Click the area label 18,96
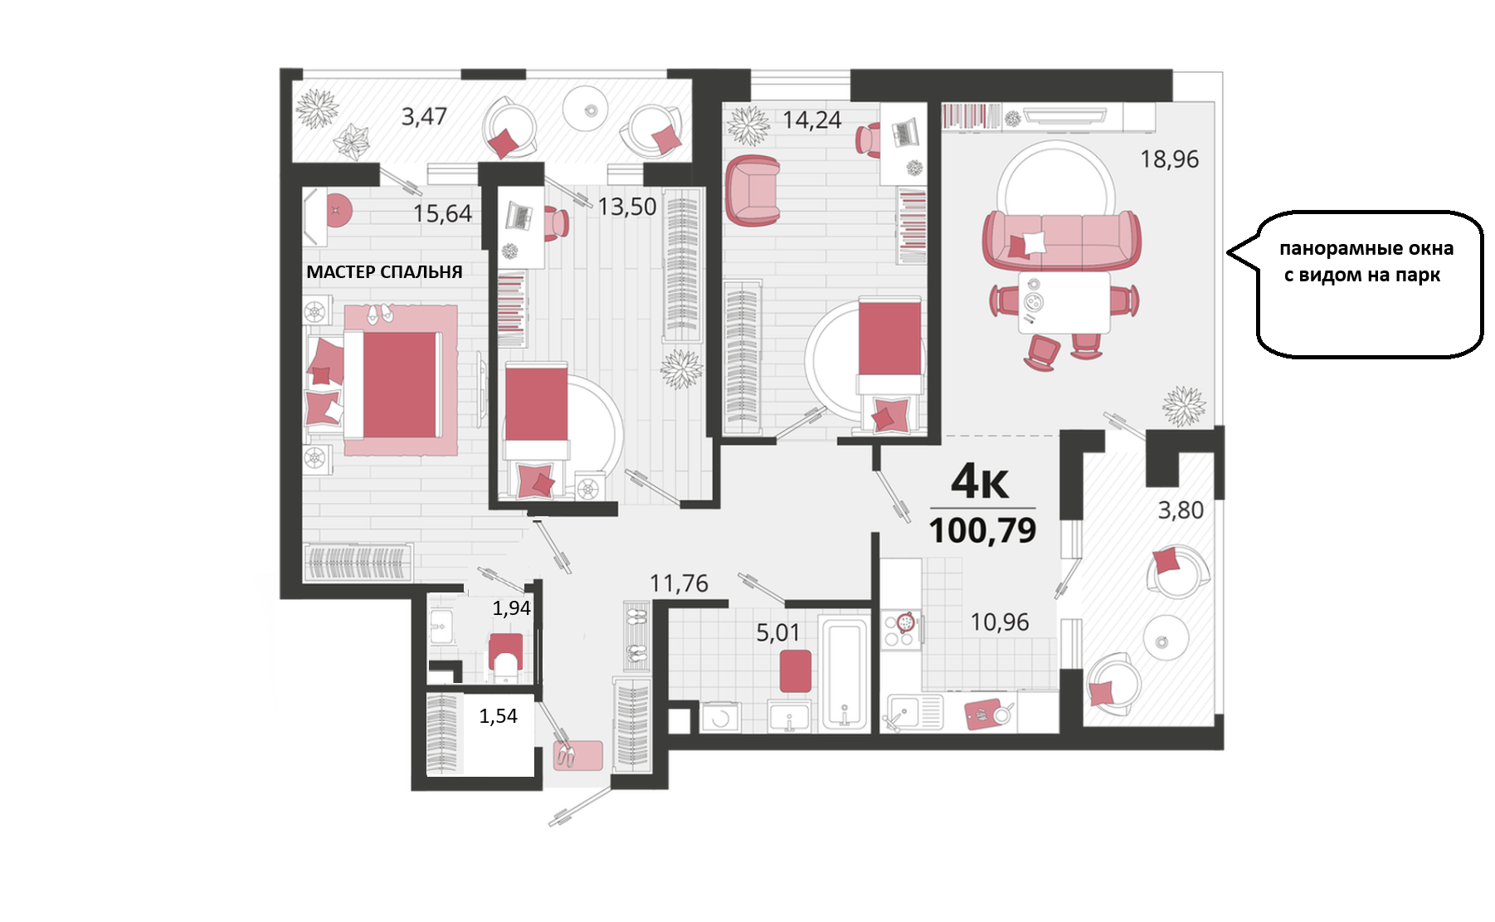point(1169,159)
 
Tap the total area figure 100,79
point(982,531)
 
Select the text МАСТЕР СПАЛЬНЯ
point(384,271)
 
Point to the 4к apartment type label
point(980,481)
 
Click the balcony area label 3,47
point(424,116)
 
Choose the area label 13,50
point(627,207)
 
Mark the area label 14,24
point(812,120)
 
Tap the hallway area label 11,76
point(679,583)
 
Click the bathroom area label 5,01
point(778,633)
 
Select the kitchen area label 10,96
point(1000,622)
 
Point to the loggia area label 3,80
point(1181,510)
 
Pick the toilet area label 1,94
point(511,608)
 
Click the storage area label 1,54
point(498,716)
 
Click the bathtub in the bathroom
point(845,673)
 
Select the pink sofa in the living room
point(1061,241)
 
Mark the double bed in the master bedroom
point(392,384)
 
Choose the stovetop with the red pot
point(901,629)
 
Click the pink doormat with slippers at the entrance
point(577,755)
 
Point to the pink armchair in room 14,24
point(752,191)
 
